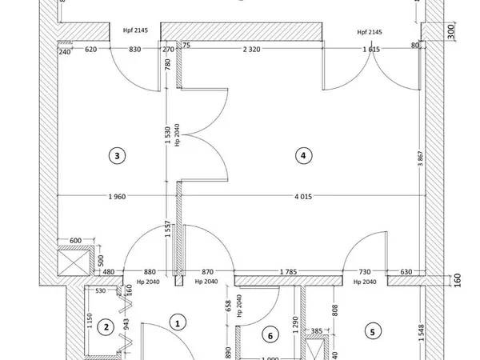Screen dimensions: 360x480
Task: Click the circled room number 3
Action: (118, 156)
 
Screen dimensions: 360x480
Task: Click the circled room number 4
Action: (302, 156)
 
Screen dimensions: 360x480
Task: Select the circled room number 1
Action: (178, 322)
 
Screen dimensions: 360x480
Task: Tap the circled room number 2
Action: (103, 327)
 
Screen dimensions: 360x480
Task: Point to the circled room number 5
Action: (371, 330)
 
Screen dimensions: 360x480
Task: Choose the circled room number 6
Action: (270, 336)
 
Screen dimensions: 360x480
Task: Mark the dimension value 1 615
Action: (370, 50)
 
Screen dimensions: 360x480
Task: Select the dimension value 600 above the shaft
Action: (77, 241)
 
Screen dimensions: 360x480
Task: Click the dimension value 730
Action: (365, 272)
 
